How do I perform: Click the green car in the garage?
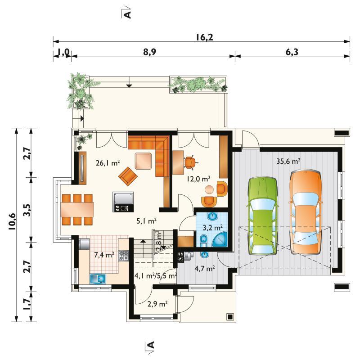point(262,216)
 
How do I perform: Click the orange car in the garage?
point(306,212)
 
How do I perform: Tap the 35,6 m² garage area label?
point(288,161)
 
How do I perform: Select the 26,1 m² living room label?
point(108,163)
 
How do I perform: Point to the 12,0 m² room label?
point(198,179)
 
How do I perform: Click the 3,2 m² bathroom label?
point(212,228)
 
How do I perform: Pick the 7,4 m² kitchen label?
point(104,255)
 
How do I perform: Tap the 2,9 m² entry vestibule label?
point(157,304)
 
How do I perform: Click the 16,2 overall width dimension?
point(204,37)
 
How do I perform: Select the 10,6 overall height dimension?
point(12,221)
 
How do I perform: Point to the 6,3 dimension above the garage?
point(292,52)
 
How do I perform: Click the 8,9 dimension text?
point(150,52)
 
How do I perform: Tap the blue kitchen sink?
point(98,279)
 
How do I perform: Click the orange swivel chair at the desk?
point(190,162)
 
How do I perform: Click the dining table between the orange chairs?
point(77,209)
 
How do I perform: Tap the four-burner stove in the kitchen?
point(124,256)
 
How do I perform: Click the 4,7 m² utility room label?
point(205,268)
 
